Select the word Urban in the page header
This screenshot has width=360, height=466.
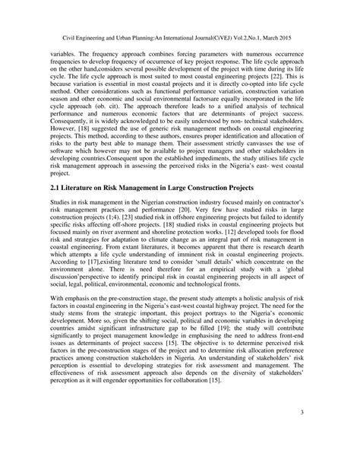point(128,33)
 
